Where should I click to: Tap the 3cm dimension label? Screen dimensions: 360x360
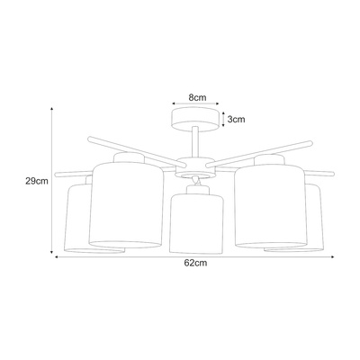point(236,120)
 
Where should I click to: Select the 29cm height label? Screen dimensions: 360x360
point(37,181)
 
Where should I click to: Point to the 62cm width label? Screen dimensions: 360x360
point(195,263)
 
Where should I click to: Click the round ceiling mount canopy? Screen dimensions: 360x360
point(195,120)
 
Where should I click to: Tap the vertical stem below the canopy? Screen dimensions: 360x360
point(195,142)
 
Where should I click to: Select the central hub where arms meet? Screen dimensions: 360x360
point(195,167)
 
